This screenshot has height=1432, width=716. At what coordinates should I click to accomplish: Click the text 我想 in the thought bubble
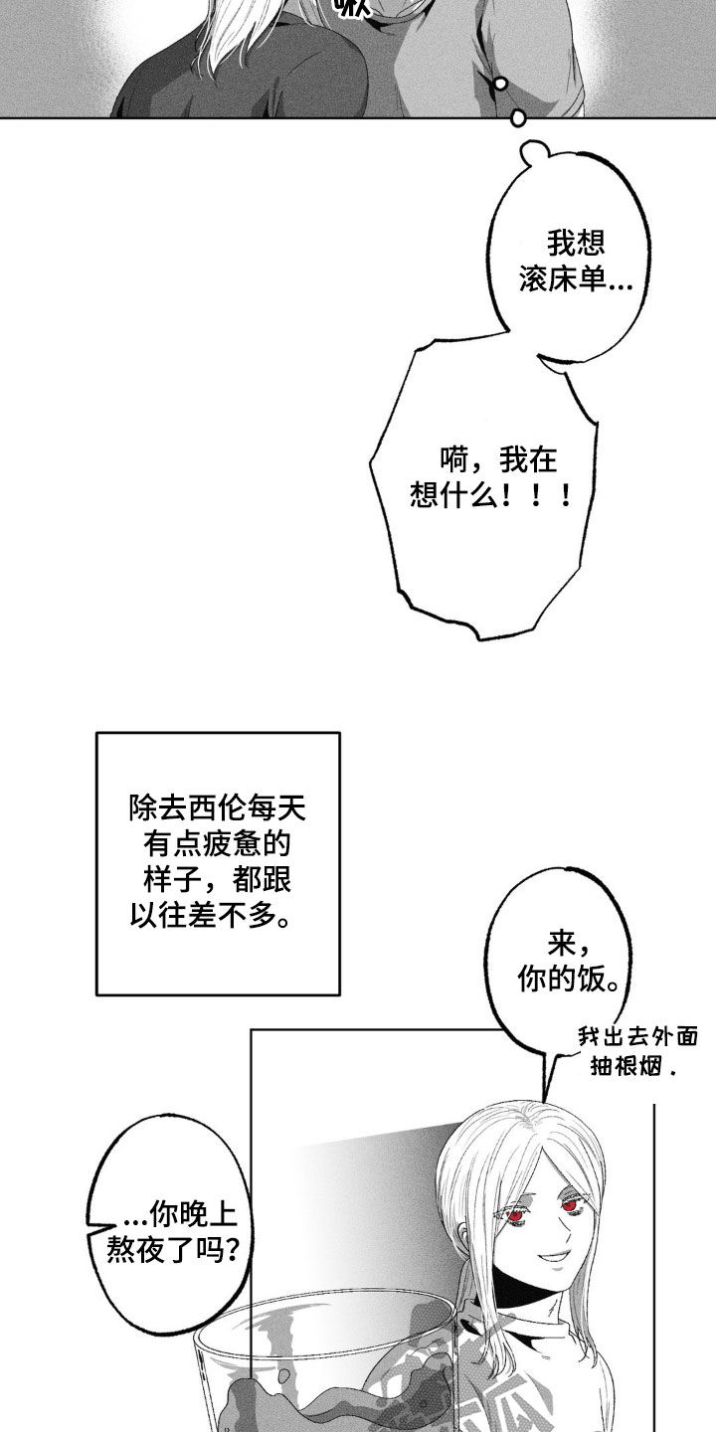coord(576,243)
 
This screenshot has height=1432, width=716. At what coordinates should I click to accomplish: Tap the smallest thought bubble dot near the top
coord(501,83)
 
